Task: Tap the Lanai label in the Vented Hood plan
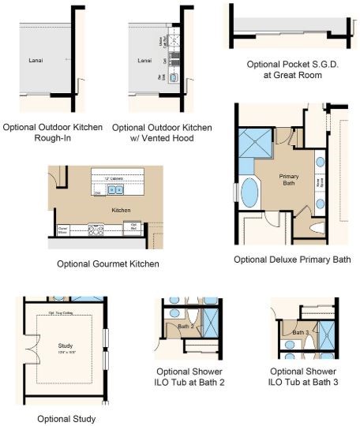144,60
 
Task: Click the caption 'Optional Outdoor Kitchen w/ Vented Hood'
162,132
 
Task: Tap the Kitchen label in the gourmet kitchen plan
121,210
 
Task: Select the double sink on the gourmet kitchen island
119,190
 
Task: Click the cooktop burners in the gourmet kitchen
99,231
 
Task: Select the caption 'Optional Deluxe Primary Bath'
292,259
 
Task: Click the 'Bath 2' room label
186,326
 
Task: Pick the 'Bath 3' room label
300,332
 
